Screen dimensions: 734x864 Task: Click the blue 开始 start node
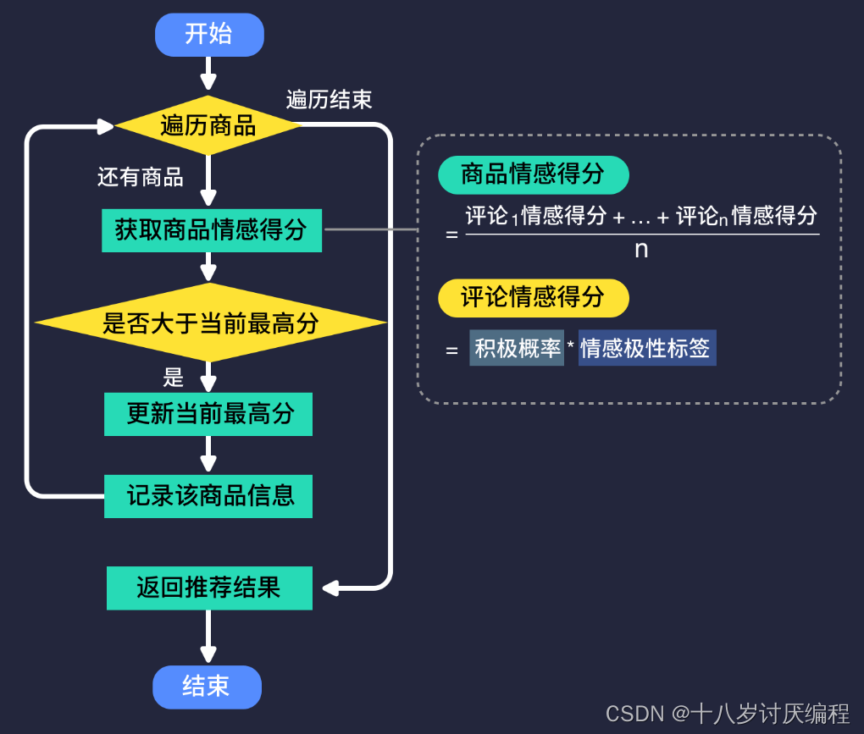click(x=209, y=35)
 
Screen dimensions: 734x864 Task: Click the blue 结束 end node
click(x=207, y=686)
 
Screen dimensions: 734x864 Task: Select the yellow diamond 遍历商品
click(x=208, y=126)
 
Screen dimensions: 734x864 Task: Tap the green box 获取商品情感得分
click(x=211, y=230)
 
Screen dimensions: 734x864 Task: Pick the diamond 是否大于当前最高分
click(x=210, y=323)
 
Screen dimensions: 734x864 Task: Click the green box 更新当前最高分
click(x=208, y=414)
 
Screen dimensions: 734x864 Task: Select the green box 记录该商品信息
click(x=208, y=496)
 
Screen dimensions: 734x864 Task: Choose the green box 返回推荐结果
click(x=209, y=588)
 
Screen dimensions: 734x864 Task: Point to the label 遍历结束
click(x=329, y=100)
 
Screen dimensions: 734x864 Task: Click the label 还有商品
click(x=141, y=177)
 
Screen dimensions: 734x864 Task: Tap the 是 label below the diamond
click(x=174, y=376)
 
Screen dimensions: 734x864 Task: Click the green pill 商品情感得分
click(x=533, y=174)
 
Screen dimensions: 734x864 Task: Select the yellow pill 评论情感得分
click(x=533, y=297)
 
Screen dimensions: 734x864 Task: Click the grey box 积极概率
click(x=517, y=348)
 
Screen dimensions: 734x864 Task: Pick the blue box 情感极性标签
click(x=646, y=348)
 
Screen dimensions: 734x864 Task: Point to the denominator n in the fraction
click(x=641, y=250)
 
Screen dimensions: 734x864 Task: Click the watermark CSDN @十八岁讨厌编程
click(x=727, y=713)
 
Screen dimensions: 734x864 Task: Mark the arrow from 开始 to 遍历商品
click(x=208, y=75)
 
